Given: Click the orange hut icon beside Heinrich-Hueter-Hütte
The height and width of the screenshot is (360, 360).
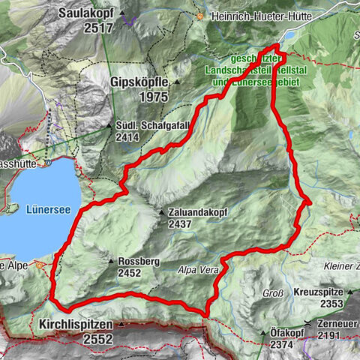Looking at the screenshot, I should pos(200,16).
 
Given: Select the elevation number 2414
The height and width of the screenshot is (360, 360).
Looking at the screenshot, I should pos(130,138).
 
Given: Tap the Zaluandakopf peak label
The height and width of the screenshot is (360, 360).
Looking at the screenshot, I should pos(199,213).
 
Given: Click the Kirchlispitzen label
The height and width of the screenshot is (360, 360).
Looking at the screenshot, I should pos(73,325).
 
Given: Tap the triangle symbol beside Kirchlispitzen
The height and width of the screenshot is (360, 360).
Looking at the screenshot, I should pos(120,325).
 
